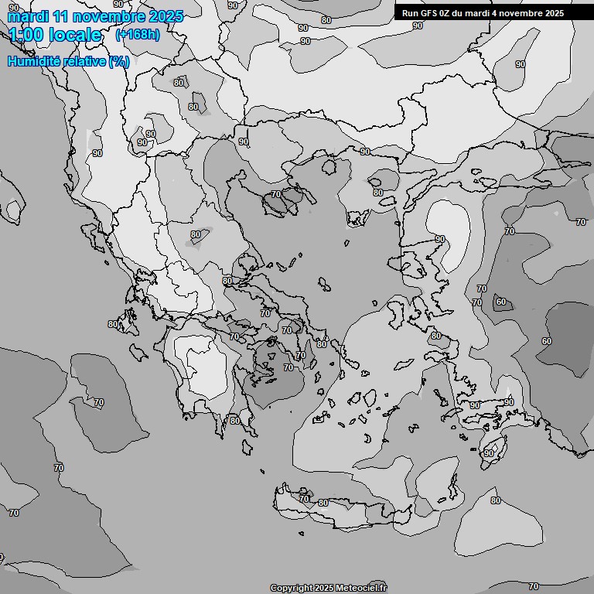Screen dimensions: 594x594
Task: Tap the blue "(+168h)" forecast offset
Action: pos(137,34)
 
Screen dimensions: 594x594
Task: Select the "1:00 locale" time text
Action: pos(55,35)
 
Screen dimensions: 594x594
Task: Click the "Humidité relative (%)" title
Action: pos(68,61)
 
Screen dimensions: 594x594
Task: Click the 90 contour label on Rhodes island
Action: pos(489,453)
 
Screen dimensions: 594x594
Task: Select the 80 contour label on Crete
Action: pos(323,503)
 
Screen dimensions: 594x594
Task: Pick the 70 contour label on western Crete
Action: pos(304,499)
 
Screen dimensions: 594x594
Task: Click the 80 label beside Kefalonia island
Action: pos(114,325)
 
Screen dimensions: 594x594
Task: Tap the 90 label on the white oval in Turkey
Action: pos(440,239)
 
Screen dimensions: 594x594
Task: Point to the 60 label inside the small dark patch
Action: pos(501,302)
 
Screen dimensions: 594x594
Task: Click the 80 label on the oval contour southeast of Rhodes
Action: pos(496,500)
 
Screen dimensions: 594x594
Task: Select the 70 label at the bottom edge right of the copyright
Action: pos(534,586)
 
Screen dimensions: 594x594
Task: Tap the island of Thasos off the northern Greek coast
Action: pos(329,167)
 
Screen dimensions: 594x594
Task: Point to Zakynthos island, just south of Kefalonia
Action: pos(139,353)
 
